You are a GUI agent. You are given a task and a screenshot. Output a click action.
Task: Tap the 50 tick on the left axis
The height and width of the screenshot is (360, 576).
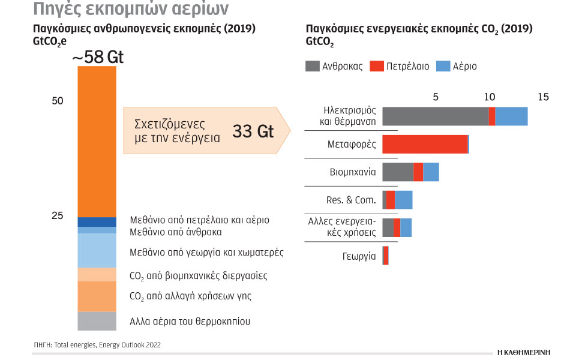click(x=58, y=101)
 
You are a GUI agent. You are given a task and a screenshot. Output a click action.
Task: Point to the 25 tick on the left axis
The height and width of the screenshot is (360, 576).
click(x=58, y=216)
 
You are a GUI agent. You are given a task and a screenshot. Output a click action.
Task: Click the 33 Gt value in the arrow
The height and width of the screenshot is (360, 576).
click(x=253, y=131)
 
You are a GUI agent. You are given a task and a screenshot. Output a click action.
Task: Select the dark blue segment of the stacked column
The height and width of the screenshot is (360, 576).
click(x=97, y=222)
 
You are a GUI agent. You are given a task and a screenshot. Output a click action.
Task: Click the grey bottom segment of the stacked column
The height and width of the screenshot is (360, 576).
click(x=97, y=321)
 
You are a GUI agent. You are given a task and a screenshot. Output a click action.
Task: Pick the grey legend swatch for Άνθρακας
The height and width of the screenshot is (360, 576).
click(x=313, y=66)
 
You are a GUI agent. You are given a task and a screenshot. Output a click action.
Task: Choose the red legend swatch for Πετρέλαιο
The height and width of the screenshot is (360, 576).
click(x=377, y=66)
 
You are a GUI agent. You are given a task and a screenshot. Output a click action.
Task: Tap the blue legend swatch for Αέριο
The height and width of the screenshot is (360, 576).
click(x=442, y=66)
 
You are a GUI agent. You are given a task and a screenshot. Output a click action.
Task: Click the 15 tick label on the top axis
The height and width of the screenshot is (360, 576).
click(x=543, y=97)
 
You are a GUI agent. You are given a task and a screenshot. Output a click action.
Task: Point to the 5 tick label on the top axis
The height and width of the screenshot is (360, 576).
click(x=436, y=97)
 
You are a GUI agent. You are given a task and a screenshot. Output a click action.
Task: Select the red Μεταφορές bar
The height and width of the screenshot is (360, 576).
click(x=424, y=144)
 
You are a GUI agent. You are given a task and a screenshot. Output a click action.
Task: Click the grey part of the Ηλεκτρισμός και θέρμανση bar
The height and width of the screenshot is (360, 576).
click(x=435, y=116)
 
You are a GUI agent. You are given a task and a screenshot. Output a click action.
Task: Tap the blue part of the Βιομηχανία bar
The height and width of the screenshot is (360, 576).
click(x=431, y=172)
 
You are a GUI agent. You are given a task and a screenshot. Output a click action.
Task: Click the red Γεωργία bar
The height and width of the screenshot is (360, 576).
click(x=386, y=256)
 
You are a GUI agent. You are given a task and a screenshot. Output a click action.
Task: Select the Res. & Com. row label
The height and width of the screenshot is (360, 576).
click(x=350, y=200)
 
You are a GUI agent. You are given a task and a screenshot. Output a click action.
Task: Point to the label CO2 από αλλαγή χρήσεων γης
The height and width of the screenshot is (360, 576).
click(x=190, y=296)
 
